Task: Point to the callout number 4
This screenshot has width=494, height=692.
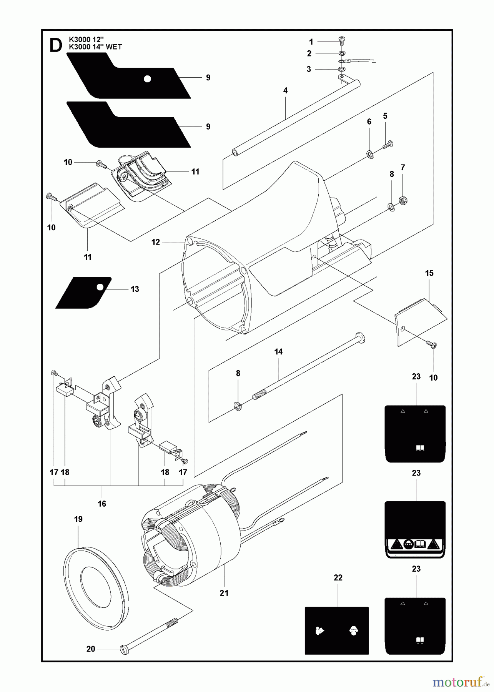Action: click(x=285, y=91)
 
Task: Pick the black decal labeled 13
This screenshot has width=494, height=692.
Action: click(x=84, y=293)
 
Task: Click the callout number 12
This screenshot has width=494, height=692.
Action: click(x=155, y=242)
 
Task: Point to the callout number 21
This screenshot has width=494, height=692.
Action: click(x=224, y=593)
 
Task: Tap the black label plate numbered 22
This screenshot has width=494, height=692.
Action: click(x=337, y=630)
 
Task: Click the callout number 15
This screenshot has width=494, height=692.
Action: click(x=429, y=273)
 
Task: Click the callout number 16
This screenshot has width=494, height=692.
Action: click(x=102, y=504)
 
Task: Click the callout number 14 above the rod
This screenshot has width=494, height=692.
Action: click(x=278, y=351)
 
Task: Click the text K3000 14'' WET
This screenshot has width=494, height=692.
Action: click(x=95, y=47)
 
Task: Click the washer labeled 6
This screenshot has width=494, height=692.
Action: click(x=370, y=155)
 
